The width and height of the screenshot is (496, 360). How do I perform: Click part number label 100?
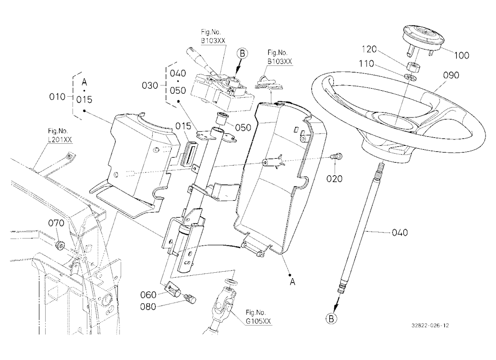pos(461,56)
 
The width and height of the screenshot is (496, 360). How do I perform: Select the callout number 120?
pos(369,49)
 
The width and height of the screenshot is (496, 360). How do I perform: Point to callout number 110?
pos(367,64)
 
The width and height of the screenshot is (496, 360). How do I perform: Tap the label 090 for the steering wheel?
pos(451,75)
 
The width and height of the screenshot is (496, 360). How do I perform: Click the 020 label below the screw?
pos(334,179)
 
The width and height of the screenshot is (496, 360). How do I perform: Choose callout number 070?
pos(56,223)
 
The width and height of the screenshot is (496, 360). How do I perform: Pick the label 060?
pos(148,295)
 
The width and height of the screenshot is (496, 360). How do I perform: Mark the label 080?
pos(148,306)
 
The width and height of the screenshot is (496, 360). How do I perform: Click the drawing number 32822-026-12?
pos(430,325)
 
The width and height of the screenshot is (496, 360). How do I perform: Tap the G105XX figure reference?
pos(258,321)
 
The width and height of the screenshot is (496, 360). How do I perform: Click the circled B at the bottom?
pos(331,318)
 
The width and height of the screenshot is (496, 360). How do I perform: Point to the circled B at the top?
pos(242,54)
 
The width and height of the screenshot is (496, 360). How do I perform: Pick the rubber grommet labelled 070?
pos(60,245)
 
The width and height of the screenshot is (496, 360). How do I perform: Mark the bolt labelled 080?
pos(191,298)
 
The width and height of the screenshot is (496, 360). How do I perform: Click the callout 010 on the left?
pos(57,97)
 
